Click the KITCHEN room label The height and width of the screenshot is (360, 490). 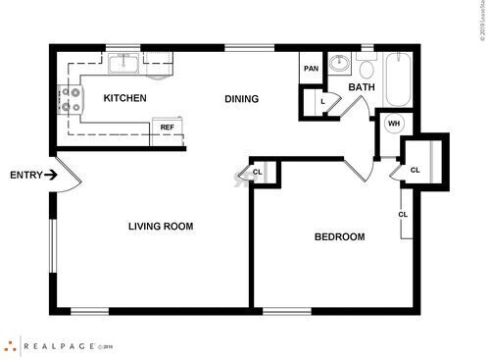coord(125,98)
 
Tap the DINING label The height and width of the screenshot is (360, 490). coord(241,98)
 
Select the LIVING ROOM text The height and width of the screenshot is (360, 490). coord(161,227)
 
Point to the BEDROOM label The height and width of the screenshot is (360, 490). coord(339,236)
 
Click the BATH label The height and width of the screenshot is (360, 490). coord(362,87)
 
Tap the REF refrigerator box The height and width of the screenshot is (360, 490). coord(168,128)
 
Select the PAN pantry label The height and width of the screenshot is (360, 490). coord(312,68)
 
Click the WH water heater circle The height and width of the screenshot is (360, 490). coord(394,123)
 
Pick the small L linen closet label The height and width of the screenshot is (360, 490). coord(322,100)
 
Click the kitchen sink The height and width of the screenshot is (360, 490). coord(124,65)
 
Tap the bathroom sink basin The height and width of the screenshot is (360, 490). coord(339,66)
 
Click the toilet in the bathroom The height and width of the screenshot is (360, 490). coord(367,67)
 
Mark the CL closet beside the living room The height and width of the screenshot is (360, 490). coord(257,173)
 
